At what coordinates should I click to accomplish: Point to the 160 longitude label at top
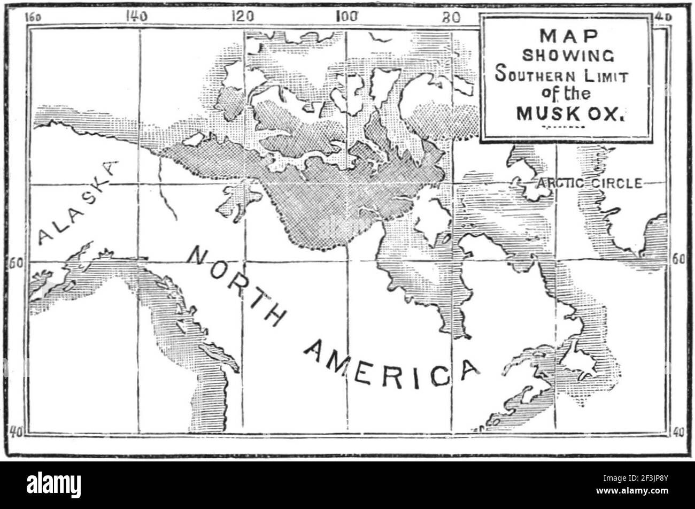[33, 16]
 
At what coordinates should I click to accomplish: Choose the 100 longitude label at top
[346, 16]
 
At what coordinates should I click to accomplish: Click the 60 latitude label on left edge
[16, 263]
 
